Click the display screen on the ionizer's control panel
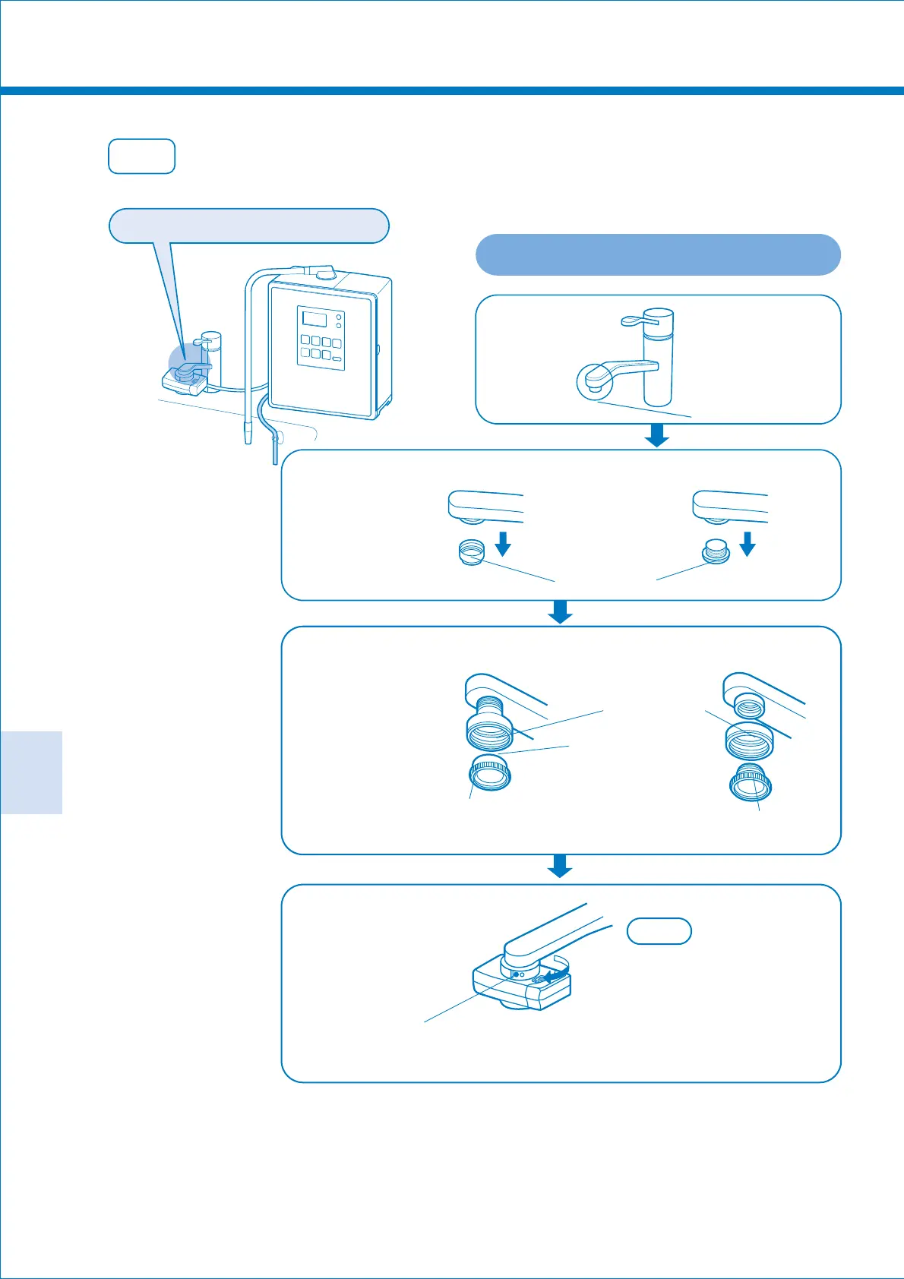(313, 318)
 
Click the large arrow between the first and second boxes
(656, 436)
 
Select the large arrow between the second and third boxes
(560, 612)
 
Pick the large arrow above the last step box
(560, 866)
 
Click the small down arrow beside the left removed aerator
(502, 544)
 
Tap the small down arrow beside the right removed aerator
(748, 544)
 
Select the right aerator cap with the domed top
(716, 551)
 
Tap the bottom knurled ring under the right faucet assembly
(751, 783)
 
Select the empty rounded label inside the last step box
(659, 931)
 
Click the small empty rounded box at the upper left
(142, 156)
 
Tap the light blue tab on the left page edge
(31, 772)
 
